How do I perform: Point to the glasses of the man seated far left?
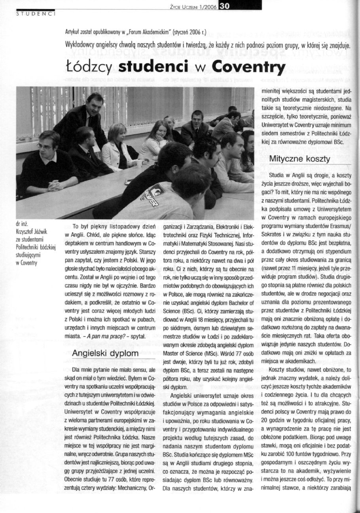[x=44, y=146]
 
